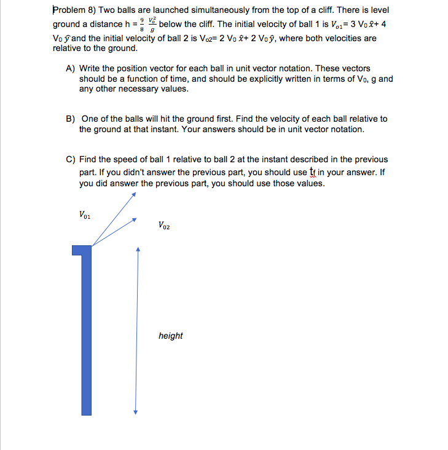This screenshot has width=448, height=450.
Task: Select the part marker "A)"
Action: coord(71,68)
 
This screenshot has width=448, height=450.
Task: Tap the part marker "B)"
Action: coord(71,119)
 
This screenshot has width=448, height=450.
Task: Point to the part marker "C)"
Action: coord(71,159)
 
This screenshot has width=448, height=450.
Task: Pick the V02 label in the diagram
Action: coord(164,226)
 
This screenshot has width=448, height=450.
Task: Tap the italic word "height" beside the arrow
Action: coord(170,336)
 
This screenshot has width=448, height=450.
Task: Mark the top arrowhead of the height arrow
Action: coord(138,249)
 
